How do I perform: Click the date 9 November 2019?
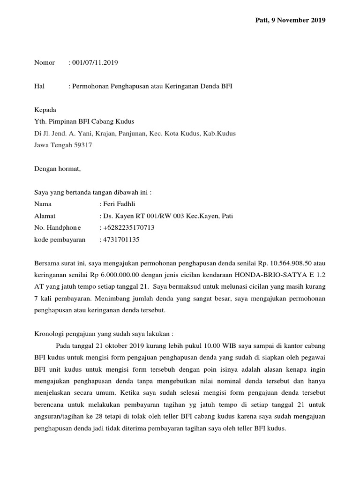click(298, 20)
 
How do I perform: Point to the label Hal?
click(39, 86)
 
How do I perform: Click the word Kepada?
click(45, 110)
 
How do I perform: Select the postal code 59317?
click(82, 145)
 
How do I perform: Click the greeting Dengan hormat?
click(58, 169)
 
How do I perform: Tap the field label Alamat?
click(45, 216)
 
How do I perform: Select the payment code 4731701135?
click(121, 240)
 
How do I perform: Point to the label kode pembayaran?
click(60, 240)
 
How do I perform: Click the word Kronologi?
click(50, 334)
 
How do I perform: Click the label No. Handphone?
click(58, 228)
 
